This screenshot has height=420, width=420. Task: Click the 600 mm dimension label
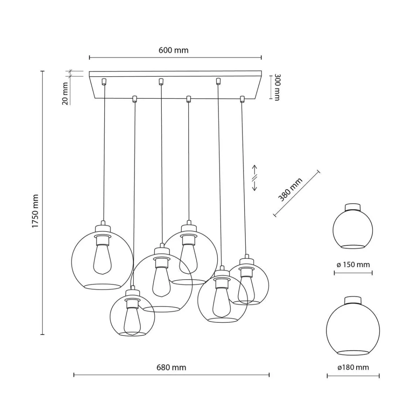click(174, 50)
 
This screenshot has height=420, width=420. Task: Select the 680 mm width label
click(171, 367)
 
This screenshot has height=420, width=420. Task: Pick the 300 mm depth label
click(276, 87)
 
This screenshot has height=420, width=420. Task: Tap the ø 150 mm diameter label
click(353, 265)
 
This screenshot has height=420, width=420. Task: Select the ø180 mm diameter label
click(353, 367)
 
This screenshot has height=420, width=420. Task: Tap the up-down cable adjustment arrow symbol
click(255, 177)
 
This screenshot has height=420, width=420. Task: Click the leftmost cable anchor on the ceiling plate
click(104, 82)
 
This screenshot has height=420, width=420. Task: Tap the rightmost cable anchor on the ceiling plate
click(241, 99)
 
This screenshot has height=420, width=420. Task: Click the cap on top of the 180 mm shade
click(353, 300)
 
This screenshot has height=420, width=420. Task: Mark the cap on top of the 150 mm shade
click(353, 207)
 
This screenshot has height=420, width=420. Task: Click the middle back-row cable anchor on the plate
click(161, 82)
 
